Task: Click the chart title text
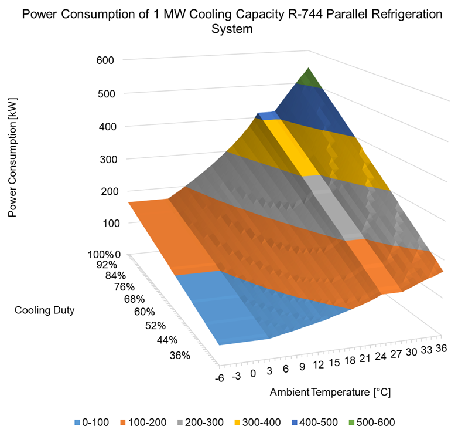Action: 232,21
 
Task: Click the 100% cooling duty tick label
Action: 101,255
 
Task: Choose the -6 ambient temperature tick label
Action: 219,378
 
